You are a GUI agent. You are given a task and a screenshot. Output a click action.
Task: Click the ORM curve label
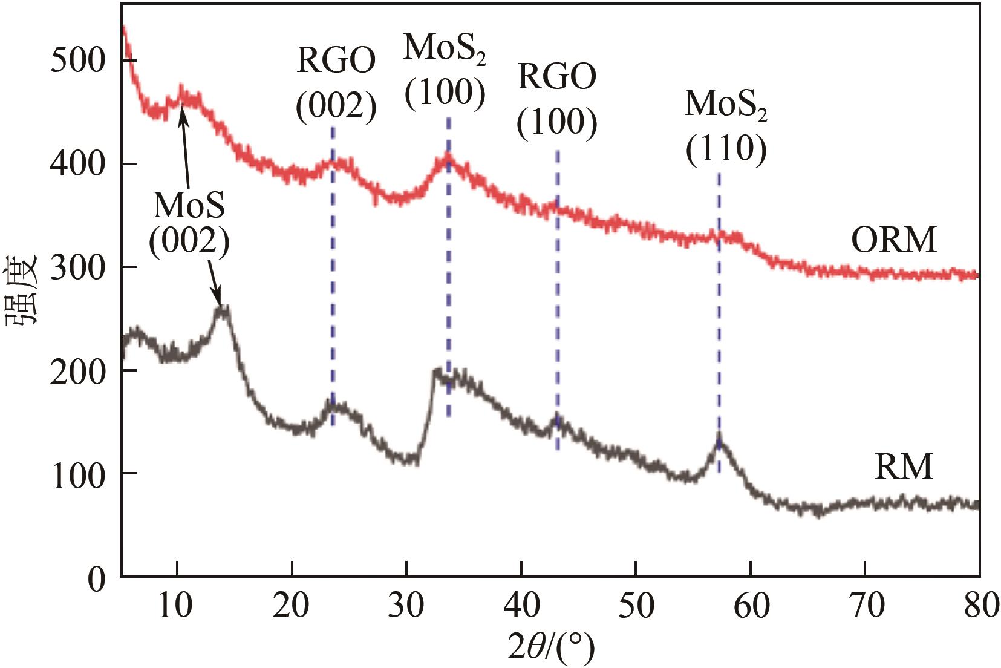(893, 240)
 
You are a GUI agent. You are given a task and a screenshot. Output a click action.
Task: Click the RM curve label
(904, 467)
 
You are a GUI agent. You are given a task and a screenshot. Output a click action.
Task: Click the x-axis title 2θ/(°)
(550, 647)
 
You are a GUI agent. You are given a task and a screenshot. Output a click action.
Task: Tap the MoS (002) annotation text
(189, 223)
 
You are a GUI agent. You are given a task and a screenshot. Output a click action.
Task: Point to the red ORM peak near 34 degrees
(448, 156)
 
